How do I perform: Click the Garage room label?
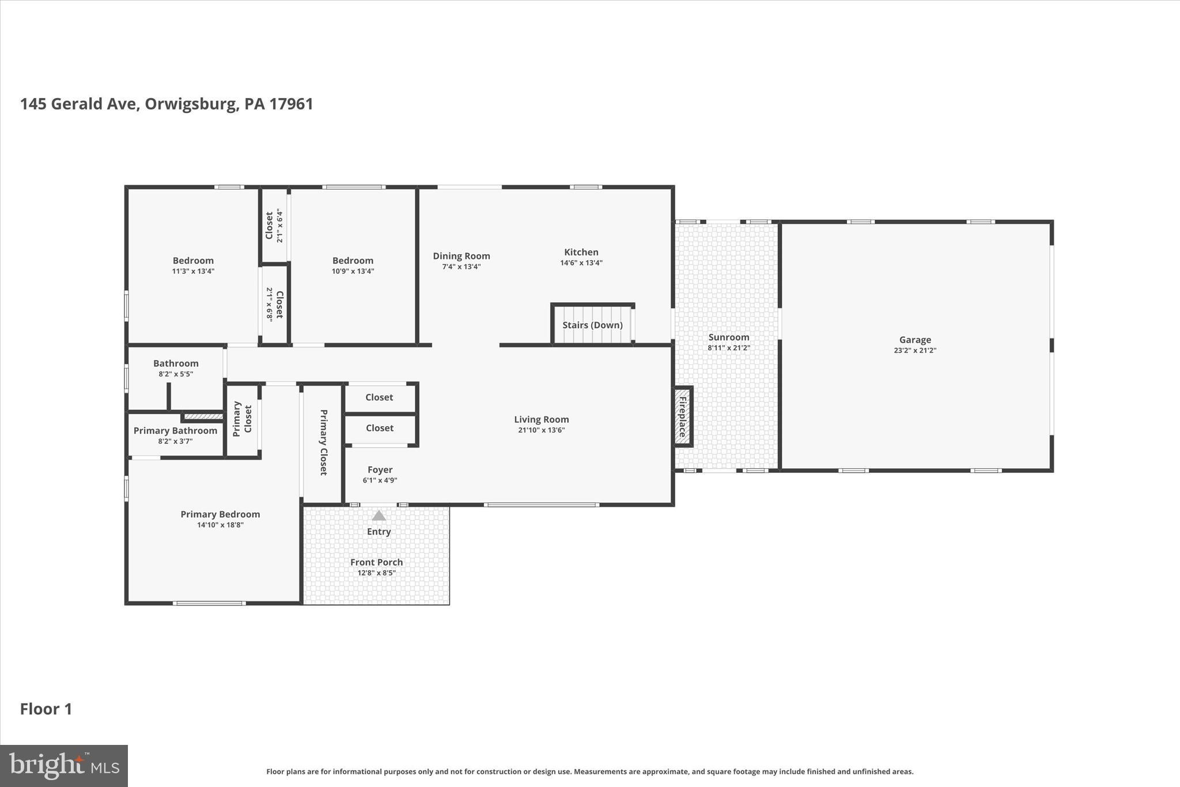[914, 340]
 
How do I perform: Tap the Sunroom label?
[728, 337]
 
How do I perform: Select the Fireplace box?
[683, 416]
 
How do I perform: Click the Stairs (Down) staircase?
[592, 325]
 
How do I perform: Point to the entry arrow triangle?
[379, 515]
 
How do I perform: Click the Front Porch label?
[376, 562]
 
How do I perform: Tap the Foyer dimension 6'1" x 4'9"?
[380, 480]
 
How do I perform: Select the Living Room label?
[541, 420]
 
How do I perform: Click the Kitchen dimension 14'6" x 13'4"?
[581, 263]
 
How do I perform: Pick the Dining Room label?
[461, 256]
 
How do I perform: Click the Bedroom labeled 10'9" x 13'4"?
[353, 265]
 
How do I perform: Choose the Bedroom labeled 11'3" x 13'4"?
[193, 265]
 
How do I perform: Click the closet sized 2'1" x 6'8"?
[274, 304]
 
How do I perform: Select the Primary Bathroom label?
[175, 431]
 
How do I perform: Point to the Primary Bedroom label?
[220, 514]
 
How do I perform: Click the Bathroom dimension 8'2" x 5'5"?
[176, 374]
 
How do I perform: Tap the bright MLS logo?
[64, 766]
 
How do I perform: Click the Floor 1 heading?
[46, 709]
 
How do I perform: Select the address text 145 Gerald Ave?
[80, 104]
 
